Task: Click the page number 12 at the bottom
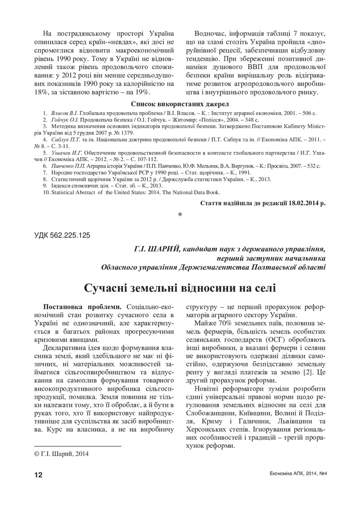(x=38, y=475)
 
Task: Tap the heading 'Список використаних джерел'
(x=180, y=104)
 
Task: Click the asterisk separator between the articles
(x=180, y=215)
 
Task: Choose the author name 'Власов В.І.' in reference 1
(x=64, y=114)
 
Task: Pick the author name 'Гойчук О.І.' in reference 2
(x=65, y=121)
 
